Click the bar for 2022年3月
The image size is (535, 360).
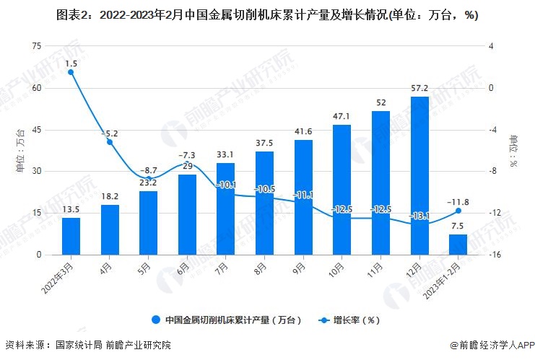[x=71, y=236]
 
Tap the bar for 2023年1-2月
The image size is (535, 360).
[x=458, y=245]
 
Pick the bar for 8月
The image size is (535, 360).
[x=264, y=203]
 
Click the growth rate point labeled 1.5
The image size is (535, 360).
[x=71, y=72]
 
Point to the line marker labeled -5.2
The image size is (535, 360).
[x=110, y=142]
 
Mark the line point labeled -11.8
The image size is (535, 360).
[x=458, y=211]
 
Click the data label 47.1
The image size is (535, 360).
[x=342, y=116]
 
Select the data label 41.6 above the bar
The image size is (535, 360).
[x=303, y=131]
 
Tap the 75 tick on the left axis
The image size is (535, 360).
[x=37, y=46]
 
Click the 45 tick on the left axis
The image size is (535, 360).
[x=37, y=130]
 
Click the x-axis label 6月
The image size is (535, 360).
[x=186, y=268]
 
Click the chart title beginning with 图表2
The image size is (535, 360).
[x=266, y=15]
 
